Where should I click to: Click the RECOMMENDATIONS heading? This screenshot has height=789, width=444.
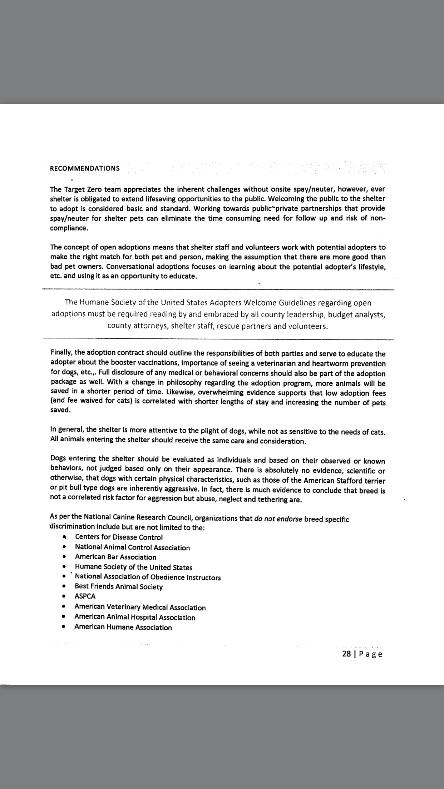(x=85, y=168)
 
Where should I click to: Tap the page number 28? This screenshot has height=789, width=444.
(x=346, y=654)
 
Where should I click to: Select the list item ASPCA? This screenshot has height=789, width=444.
(x=85, y=596)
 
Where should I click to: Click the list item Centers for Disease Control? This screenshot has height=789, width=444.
(x=119, y=537)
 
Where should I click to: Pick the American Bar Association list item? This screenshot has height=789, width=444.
(x=115, y=557)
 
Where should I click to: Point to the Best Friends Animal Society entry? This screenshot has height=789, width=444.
(x=119, y=586)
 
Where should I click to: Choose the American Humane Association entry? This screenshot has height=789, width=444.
(x=123, y=627)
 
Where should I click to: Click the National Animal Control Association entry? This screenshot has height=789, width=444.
(x=132, y=547)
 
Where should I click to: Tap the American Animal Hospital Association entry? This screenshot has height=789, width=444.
(x=135, y=617)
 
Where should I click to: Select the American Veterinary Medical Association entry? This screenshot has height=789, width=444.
(x=140, y=607)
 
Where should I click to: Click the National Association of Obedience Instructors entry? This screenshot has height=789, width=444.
(x=148, y=577)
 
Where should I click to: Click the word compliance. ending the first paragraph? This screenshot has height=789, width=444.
(x=69, y=228)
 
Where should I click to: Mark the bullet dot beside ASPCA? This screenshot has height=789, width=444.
(x=64, y=596)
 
